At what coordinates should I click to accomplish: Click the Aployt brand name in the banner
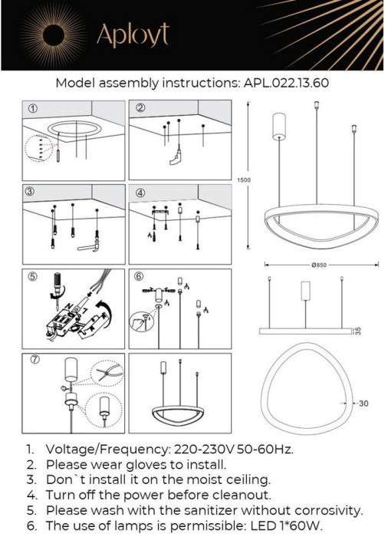133,35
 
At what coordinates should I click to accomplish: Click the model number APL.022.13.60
286,83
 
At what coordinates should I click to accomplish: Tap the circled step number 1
33,109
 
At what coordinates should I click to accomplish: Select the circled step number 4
140,193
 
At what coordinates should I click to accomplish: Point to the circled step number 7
35,359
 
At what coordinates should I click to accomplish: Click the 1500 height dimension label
244,180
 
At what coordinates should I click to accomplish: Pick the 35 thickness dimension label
358,331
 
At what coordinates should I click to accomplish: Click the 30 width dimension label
364,404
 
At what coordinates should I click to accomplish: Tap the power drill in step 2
176,156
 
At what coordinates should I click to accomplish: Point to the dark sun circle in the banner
54,35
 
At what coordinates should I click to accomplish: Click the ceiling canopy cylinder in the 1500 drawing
279,127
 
